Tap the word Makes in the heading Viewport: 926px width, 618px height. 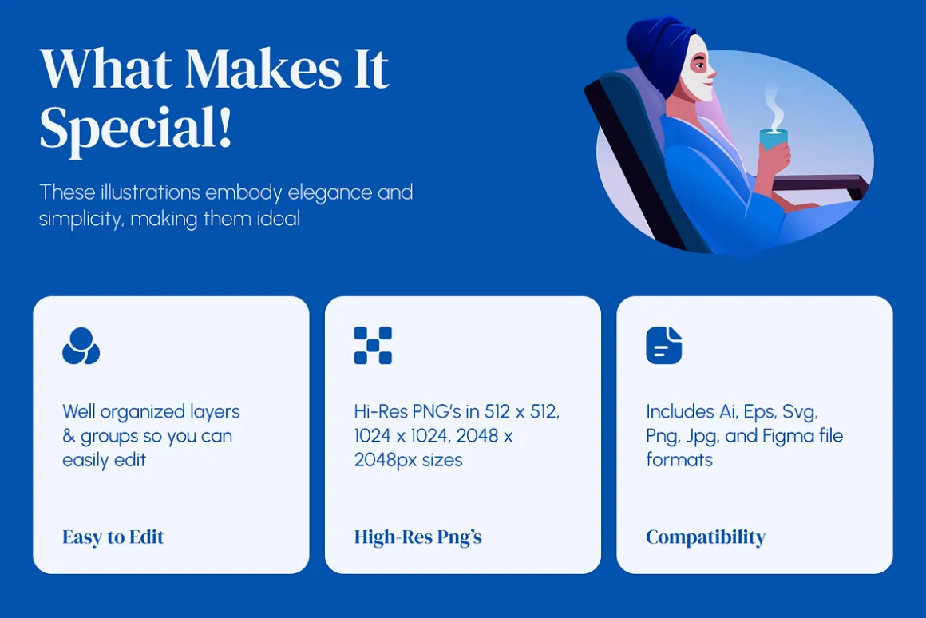click(263, 69)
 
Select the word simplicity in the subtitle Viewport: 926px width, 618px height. click(81, 220)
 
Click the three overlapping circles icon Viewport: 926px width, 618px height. click(81, 346)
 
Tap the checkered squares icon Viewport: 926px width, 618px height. click(373, 345)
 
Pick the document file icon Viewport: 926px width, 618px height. click(664, 345)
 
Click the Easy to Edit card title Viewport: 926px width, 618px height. click(113, 537)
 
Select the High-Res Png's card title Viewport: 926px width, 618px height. click(417, 537)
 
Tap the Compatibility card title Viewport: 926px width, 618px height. click(706, 537)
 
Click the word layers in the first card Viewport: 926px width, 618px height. click(215, 412)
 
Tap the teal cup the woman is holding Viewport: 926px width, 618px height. click(774, 140)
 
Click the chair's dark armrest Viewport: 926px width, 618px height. click(820, 183)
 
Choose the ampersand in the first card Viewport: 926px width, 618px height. click(69, 436)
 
